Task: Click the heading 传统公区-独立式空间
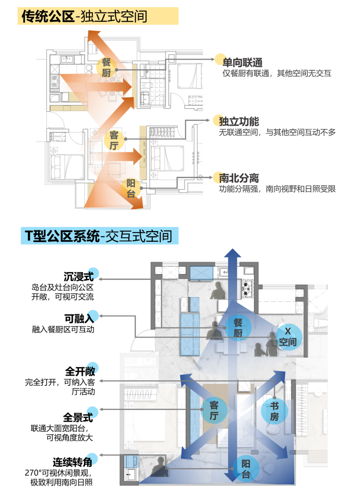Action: tap(84, 16)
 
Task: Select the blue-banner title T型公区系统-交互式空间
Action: tap(99, 236)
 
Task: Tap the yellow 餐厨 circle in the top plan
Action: tap(106, 67)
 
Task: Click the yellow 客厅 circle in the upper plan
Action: tap(114, 140)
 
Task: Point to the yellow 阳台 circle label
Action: tap(131, 189)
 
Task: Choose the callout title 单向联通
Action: tap(242, 62)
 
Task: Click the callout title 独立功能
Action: tap(239, 122)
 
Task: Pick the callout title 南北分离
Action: tap(239, 178)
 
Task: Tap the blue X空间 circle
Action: tap(288, 337)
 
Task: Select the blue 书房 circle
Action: tap(274, 411)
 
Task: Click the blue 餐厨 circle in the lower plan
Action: tap(238, 327)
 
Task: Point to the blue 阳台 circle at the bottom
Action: tap(246, 469)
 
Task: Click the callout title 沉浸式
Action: tap(79, 276)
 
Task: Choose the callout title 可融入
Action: tap(79, 319)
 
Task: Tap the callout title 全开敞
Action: tap(80, 371)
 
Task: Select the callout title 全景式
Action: tap(78, 417)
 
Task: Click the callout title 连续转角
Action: tap(72, 462)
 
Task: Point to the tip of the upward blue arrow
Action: tap(233, 250)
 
